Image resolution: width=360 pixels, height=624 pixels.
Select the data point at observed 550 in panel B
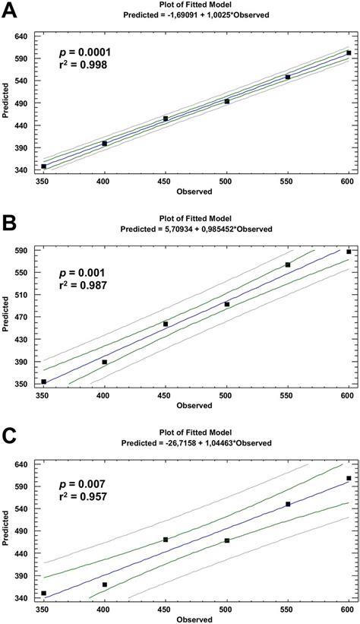tap(288, 264)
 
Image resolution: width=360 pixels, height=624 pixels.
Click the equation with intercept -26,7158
tap(196, 442)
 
